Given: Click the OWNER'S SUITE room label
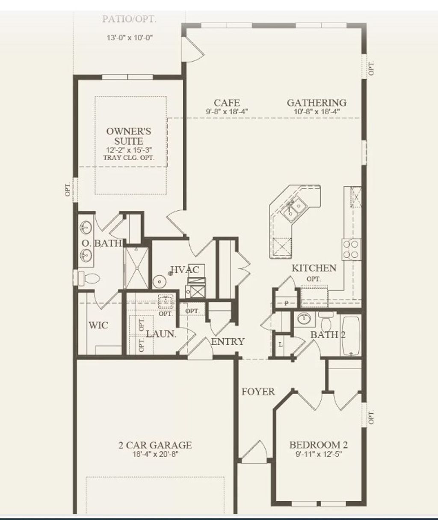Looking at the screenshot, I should tap(129, 136).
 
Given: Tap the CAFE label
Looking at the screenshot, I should tap(227, 103).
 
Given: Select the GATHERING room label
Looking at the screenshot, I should tap(317, 103).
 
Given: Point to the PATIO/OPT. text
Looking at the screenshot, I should tap(129, 19).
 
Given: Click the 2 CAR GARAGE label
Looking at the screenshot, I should tap(155, 445).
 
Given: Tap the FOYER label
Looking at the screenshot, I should tap(258, 391).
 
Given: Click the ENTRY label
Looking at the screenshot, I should tap(228, 341).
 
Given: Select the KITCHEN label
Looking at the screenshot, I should tap(314, 268).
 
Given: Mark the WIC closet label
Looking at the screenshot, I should tap(98, 325).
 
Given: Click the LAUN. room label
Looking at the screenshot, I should tap(161, 334).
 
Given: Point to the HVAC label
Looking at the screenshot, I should tap(185, 270).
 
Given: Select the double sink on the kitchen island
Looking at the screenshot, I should tap(296, 208).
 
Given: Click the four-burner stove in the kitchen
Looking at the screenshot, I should tap(350, 249).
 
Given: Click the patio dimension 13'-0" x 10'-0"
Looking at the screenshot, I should tap(130, 38).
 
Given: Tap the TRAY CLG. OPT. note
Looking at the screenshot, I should tap(129, 157).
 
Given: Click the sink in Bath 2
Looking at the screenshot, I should tap(305, 319).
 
